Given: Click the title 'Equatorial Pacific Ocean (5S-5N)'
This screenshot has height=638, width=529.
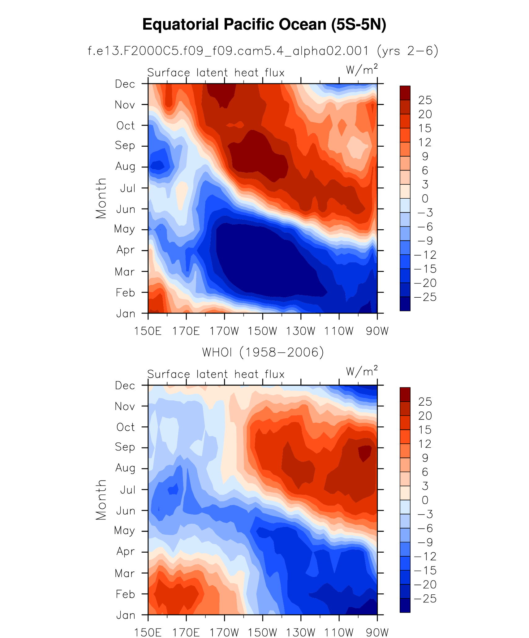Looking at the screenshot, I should pyautogui.click(x=264, y=25).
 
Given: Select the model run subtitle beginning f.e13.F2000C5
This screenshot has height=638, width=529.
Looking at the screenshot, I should pyautogui.click(x=263, y=51).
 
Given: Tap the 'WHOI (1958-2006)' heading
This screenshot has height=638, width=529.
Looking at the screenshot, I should pyautogui.click(x=263, y=352).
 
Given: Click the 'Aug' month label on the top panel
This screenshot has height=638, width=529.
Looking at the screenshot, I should pyautogui.click(x=125, y=166).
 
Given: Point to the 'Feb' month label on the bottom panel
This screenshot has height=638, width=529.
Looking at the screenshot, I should pyautogui.click(x=125, y=594).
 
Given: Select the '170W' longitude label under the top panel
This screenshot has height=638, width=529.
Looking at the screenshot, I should pyautogui.click(x=224, y=331).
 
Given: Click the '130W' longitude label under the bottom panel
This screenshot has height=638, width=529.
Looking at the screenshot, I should pyautogui.click(x=300, y=632).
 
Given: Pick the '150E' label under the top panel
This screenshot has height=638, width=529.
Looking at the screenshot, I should pyautogui.click(x=148, y=331).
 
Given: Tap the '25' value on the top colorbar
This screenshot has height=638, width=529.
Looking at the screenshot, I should pyautogui.click(x=425, y=100).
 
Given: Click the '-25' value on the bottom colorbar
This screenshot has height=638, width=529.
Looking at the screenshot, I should pyautogui.click(x=425, y=598).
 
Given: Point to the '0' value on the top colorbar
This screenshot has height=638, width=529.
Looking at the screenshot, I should pyautogui.click(x=425, y=198).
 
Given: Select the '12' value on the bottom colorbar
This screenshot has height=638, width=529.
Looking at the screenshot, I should pyautogui.click(x=425, y=444).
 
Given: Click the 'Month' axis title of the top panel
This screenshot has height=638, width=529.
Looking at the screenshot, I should pyautogui.click(x=101, y=198).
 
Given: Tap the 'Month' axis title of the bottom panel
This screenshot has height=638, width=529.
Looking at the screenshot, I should pyautogui.click(x=101, y=500).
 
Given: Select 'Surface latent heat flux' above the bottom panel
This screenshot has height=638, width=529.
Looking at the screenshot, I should pyautogui.click(x=216, y=374).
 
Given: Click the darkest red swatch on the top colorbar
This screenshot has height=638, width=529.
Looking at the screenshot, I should pyautogui.click(x=405, y=93).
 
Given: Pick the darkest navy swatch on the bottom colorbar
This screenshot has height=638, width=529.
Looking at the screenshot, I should pyautogui.click(x=405, y=605).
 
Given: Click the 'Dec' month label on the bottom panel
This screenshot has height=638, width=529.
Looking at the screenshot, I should pyautogui.click(x=125, y=386).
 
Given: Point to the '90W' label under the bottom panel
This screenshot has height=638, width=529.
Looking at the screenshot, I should pyautogui.click(x=377, y=632).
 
